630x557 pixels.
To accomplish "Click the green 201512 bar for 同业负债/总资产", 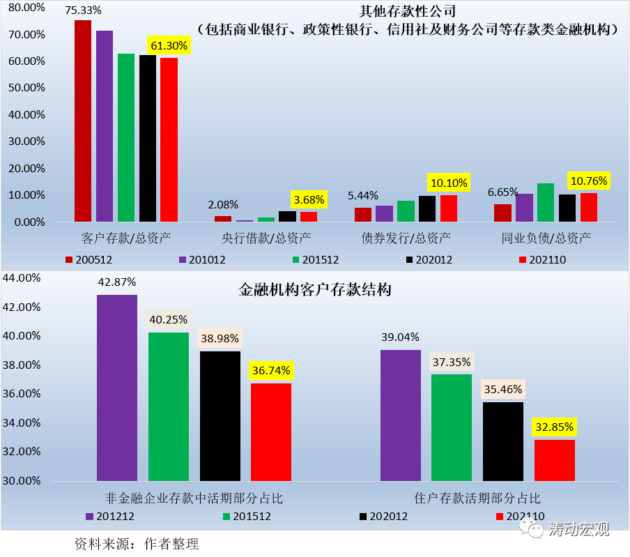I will [x=546, y=202].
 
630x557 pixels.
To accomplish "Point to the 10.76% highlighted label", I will [x=589, y=181].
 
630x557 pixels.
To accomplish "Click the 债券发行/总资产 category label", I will [x=406, y=238].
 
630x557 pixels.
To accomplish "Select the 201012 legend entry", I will [x=202, y=259].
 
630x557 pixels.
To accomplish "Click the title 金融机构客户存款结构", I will [x=315, y=289].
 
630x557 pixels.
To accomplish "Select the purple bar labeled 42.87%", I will [x=117, y=388].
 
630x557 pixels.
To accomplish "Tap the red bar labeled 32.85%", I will [x=555, y=460].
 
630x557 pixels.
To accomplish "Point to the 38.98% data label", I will [x=220, y=338].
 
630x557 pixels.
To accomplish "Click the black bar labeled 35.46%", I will [x=503, y=441].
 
